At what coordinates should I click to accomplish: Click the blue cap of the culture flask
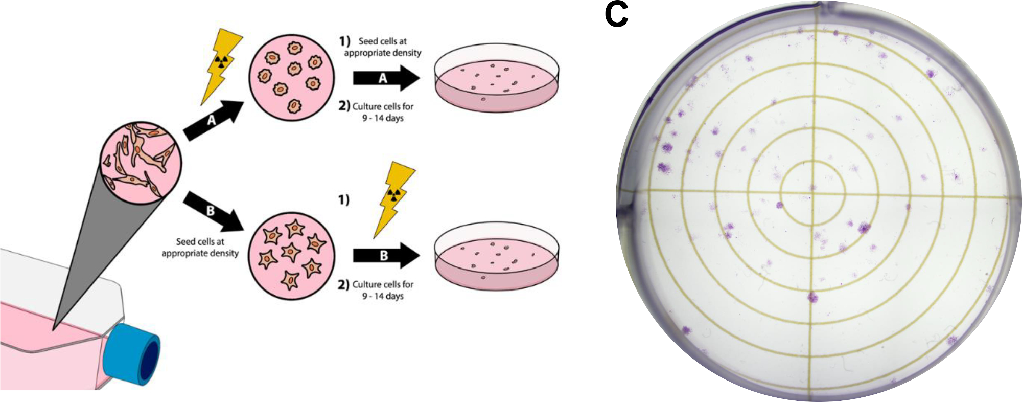(x=130, y=353)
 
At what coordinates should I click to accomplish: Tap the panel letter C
(x=616, y=15)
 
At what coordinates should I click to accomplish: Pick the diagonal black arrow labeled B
(x=213, y=212)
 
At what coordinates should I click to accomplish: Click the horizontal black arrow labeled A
(x=386, y=78)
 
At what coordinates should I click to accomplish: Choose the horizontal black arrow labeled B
(x=386, y=255)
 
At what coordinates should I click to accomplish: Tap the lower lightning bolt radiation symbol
(x=393, y=197)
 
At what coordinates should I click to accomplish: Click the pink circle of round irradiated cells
(x=292, y=77)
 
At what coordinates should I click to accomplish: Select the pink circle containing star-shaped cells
(x=292, y=255)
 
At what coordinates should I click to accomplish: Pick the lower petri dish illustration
(x=496, y=256)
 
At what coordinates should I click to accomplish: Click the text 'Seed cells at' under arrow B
(x=200, y=241)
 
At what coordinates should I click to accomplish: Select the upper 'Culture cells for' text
(x=383, y=106)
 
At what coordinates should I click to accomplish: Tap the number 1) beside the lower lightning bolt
(x=344, y=199)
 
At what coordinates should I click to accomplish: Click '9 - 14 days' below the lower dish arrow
(x=383, y=296)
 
